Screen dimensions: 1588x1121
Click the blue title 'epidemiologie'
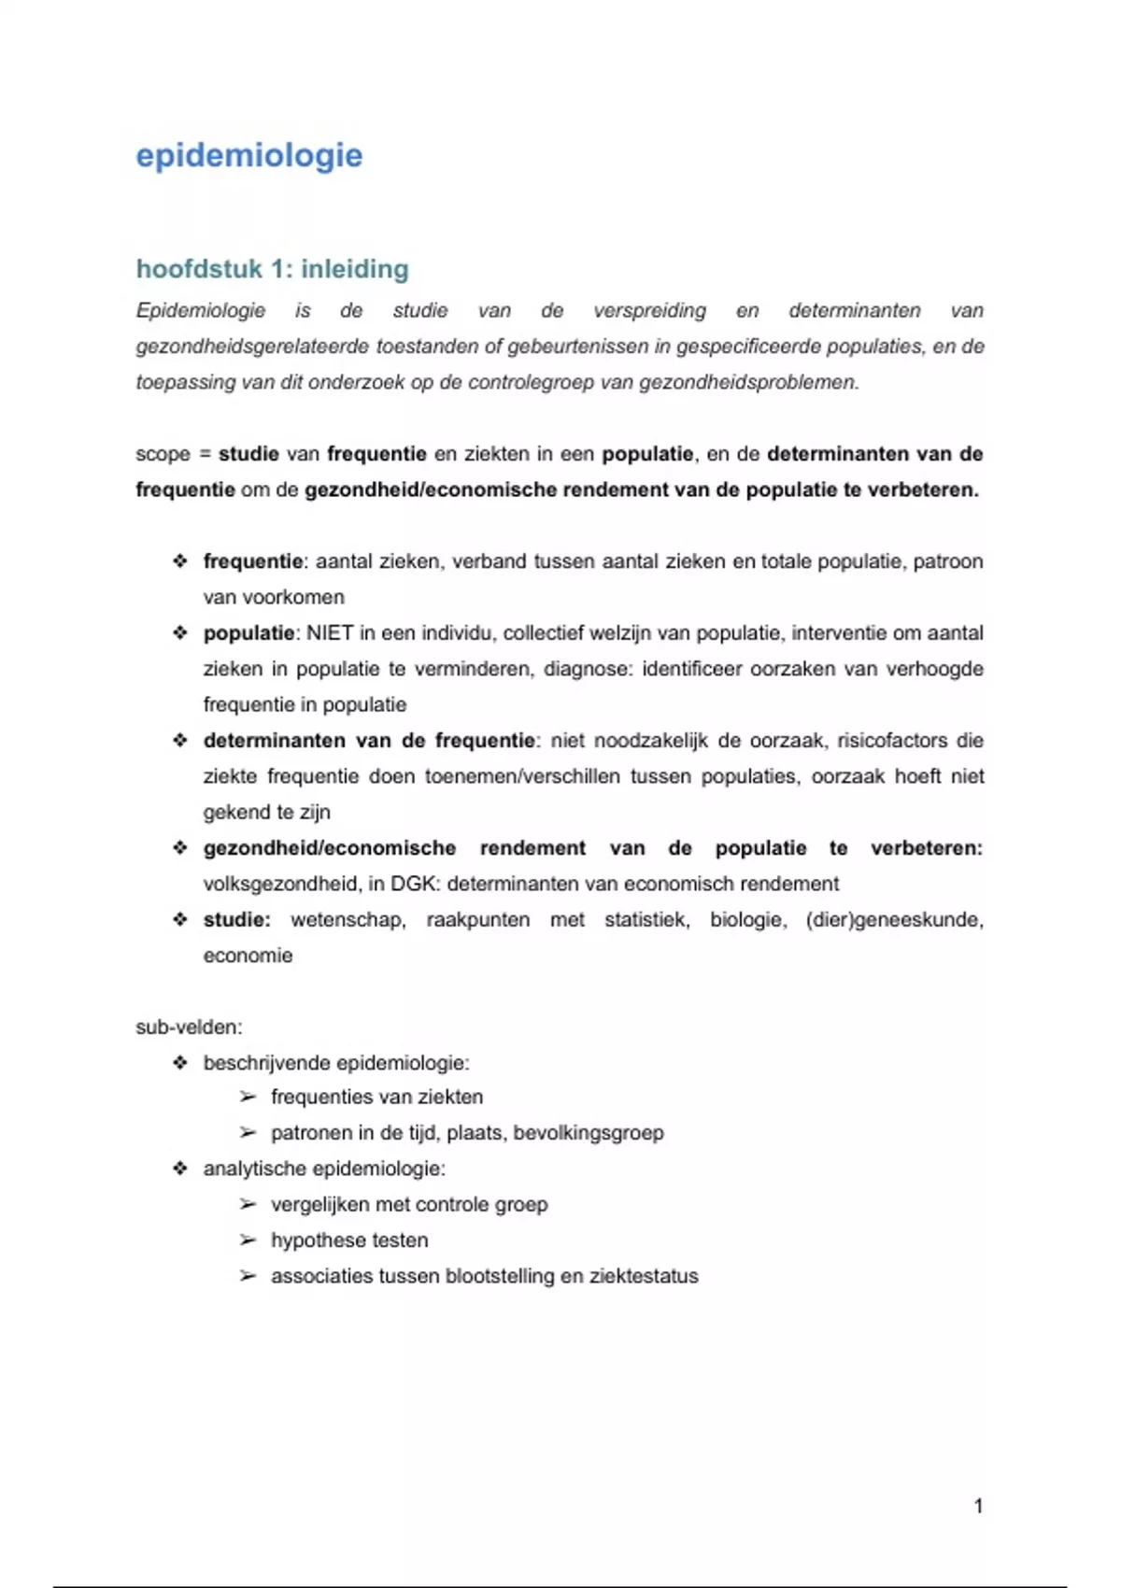pyautogui.click(x=249, y=155)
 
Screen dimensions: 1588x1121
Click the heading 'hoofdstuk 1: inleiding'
pyautogui.click(x=273, y=269)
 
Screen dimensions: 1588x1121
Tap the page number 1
pyautogui.click(x=978, y=1506)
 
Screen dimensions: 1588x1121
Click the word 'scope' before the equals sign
pyautogui.click(x=163, y=454)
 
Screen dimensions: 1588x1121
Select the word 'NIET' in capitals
pyautogui.click(x=330, y=633)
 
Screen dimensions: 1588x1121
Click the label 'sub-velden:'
pyautogui.click(x=189, y=1028)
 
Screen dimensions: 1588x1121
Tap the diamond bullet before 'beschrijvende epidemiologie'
pyautogui.click(x=180, y=1063)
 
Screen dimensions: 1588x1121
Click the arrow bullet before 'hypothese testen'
pyautogui.click(x=248, y=1241)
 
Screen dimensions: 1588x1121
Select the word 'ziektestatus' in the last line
pyautogui.click(x=644, y=1276)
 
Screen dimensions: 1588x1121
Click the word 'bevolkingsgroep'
pyautogui.click(x=589, y=1133)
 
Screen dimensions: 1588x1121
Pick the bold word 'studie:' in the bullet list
pyautogui.click(x=237, y=920)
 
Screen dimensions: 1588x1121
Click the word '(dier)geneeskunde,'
pyautogui.click(x=894, y=920)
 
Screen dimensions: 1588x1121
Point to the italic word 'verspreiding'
pyautogui.click(x=649, y=311)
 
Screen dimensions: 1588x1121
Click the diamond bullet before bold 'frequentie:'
pyautogui.click(x=180, y=561)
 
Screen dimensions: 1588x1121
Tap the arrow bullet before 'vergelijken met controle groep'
pyautogui.click(x=248, y=1205)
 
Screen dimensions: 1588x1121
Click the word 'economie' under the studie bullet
pyautogui.click(x=248, y=956)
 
